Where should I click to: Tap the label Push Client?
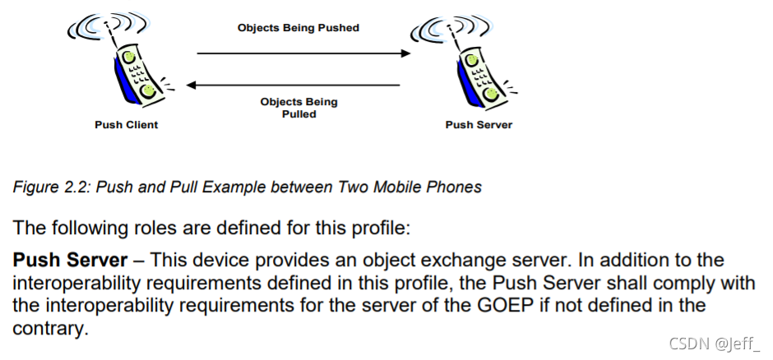(126, 125)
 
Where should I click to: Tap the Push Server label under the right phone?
(479, 125)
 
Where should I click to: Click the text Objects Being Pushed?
(299, 28)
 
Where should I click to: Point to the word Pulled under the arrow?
(299, 114)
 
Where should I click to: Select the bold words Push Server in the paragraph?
(70, 261)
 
